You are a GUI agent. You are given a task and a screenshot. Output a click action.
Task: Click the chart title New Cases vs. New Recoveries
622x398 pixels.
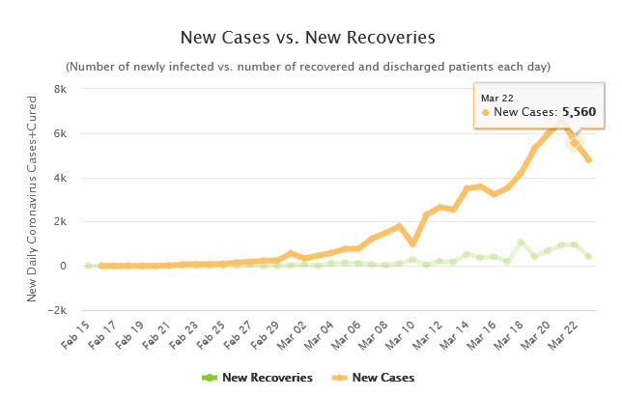pyautogui.click(x=308, y=38)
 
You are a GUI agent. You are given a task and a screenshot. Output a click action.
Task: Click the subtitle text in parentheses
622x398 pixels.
pyautogui.click(x=308, y=67)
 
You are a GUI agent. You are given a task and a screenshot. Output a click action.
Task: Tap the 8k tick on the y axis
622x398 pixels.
pyautogui.click(x=58, y=89)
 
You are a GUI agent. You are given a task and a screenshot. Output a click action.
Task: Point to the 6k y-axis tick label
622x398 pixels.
pyautogui.click(x=58, y=133)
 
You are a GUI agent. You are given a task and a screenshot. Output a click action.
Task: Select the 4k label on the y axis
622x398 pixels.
pyautogui.click(x=58, y=178)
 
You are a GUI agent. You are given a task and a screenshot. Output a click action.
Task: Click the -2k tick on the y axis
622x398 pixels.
pyautogui.click(x=56, y=310)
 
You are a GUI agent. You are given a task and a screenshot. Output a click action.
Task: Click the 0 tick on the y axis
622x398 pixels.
pyautogui.click(x=62, y=266)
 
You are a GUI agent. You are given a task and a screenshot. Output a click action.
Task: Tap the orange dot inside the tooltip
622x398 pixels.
pyautogui.click(x=485, y=113)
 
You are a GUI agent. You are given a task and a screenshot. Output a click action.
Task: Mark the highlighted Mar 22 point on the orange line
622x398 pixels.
pyautogui.click(x=575, y=142)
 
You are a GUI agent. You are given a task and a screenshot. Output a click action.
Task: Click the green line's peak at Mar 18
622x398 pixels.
pyautogui.click(x=520, y=242)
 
